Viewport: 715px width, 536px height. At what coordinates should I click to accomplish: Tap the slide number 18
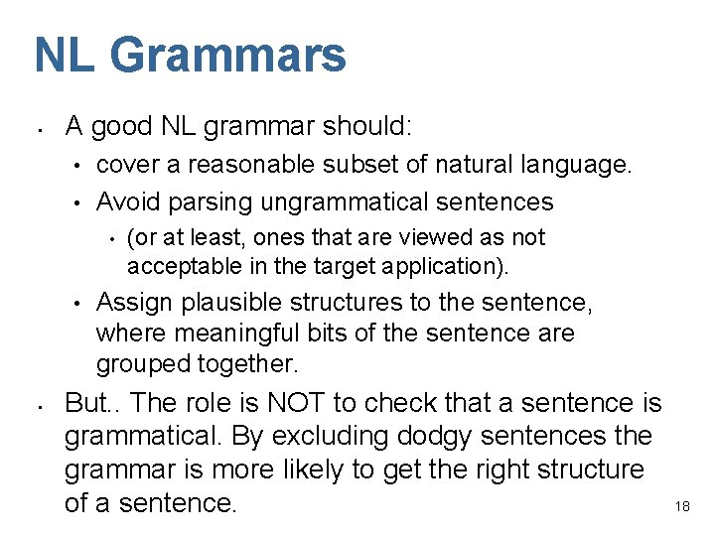tap(682, 506)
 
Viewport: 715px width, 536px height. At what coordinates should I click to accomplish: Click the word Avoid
tap(128, 201)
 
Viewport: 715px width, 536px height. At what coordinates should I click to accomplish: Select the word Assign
tap(131, 303)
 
